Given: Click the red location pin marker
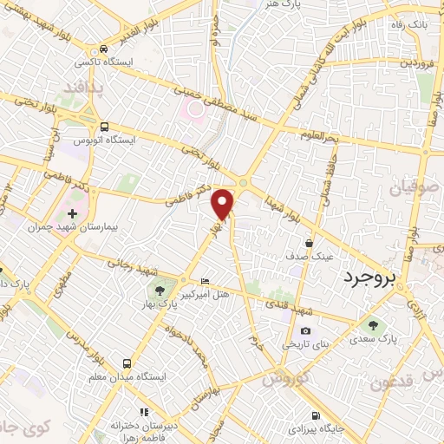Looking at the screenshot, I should click(x=224, y=203).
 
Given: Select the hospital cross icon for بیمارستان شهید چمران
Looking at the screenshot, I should click(x=72, y=212).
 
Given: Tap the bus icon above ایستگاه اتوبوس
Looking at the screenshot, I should click(x=104, y=127).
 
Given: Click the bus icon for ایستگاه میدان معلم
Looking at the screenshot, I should click(x=127, y=364).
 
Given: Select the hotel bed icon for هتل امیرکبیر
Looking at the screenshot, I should click(x=205, y=282).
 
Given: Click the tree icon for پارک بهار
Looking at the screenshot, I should click(x=159, y=289).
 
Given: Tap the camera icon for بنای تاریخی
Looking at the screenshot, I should click(x=305, y=330).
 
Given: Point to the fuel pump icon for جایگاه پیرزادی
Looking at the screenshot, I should click(x=315, y=415).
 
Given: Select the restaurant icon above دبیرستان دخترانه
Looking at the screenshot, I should click(x=145, y=411).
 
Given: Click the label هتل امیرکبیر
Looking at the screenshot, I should click(x=204, y=295).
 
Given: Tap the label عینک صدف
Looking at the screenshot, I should click(x=309, y=257).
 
